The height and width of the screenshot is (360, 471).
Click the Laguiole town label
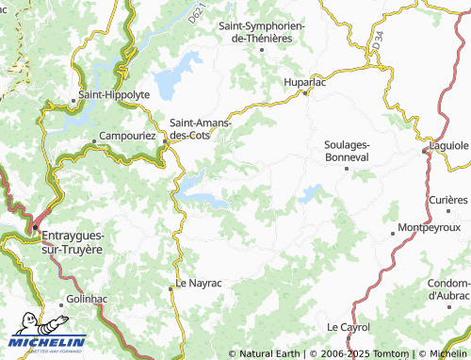point(449,146)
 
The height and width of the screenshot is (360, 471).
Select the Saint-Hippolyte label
point(114,95)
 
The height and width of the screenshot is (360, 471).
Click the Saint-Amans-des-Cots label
point(202,128)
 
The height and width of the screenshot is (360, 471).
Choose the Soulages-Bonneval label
point(347,151)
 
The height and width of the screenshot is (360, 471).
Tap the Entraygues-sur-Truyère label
point(73,240)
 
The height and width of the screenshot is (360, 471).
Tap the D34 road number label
point(378,41)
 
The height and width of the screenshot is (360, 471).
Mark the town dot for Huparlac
point(305,93)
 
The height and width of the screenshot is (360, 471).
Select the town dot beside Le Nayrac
point(171,290)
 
